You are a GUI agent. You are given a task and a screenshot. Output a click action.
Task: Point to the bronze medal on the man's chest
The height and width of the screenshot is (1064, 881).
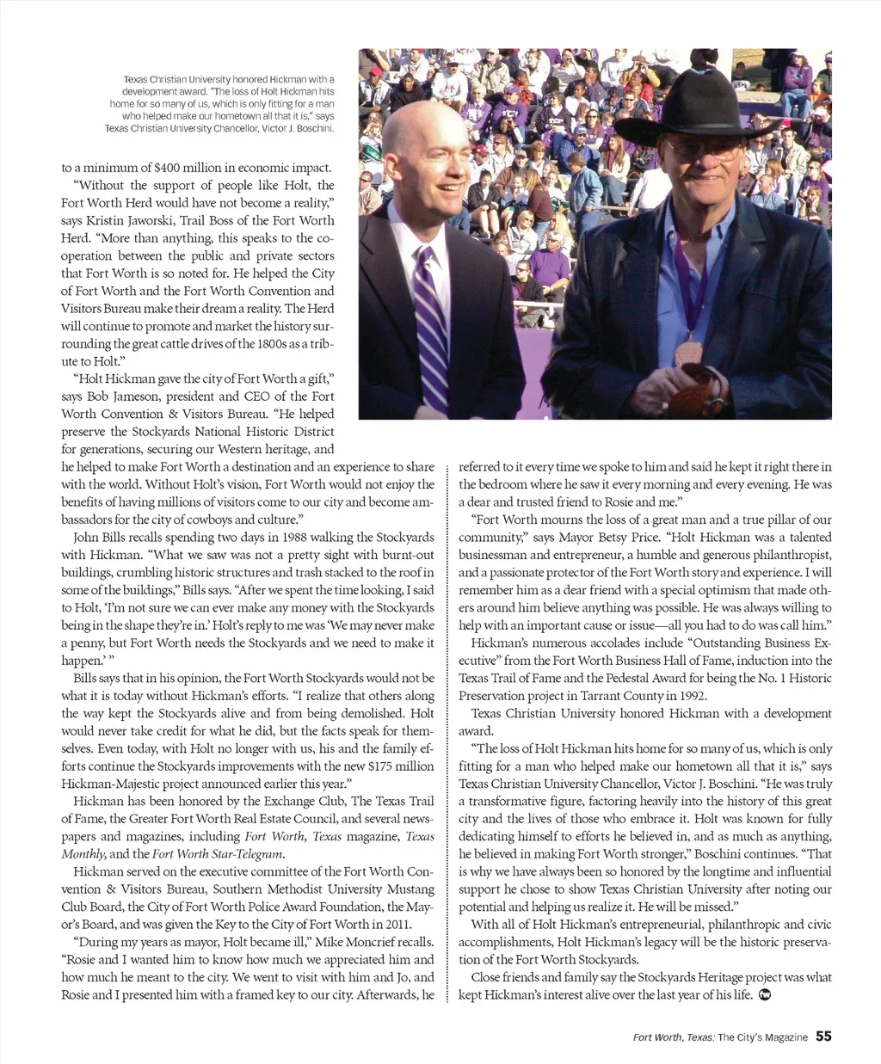(689, 354)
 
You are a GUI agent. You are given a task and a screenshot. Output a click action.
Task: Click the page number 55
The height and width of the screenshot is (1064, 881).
(823, 1036)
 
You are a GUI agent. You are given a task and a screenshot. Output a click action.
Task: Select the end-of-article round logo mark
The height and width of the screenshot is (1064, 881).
(765, 995)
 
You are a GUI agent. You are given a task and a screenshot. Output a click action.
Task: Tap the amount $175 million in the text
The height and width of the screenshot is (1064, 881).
(401, 766)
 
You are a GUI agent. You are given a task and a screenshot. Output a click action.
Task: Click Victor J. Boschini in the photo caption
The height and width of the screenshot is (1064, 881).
(296, 128)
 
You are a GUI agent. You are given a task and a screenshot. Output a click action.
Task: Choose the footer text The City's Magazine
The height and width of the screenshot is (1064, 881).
(762, 1037)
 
